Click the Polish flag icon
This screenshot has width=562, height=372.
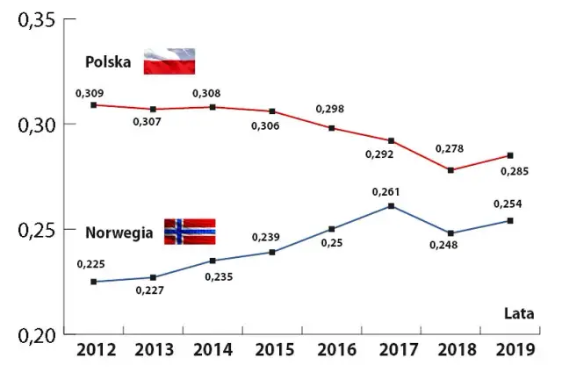pyautogui.click(x=169, y=61)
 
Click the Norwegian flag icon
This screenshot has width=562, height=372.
pyautogui.click(x=190, y=232)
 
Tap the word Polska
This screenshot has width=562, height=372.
pyautogui.click(x=108, y=62)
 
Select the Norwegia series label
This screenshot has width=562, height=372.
pyautogui.click(x=119, y=233)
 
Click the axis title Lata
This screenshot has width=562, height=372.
pyautogui.click(x=520, y=312)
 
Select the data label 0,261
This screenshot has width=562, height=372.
pyautogui.click(x=386, y=191)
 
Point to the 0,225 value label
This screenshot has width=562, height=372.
pyautogui.click(x=90, y=263)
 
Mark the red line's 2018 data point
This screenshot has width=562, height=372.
pyautogui.click(x=450, y=170)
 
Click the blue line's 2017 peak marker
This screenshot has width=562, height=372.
pyautogui.click(x=390, y=206)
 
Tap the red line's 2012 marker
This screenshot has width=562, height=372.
pyautogui.click(x=93, y=104)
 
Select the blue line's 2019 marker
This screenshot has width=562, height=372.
pyautogui.click(x=510, y=220)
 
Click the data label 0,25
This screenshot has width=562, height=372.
pyautogui.click(x=330, y=242)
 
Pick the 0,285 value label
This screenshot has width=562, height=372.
pyautogui.click(x=514, y=171)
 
